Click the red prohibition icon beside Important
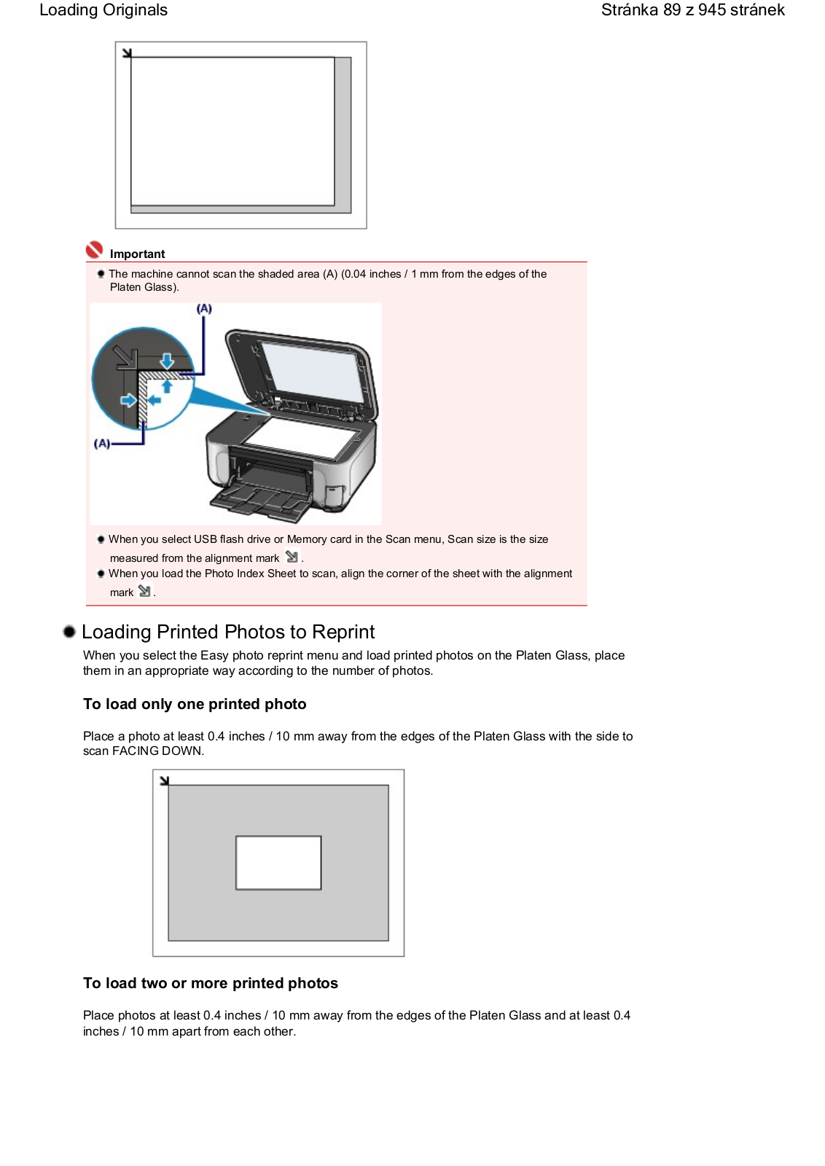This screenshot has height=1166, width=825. [x=94, y=250]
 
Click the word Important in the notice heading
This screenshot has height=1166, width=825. [x=137, y=254]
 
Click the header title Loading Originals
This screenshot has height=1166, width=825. [x=103, y=10]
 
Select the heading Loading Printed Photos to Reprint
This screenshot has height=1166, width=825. [x=228, y=632]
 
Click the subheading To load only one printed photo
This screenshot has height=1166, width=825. [x=195, y=704]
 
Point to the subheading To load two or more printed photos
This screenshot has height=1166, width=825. [x=211, y=983]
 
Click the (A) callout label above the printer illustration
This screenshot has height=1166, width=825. [x=204, y=309]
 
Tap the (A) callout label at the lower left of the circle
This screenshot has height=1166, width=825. [x=102, y=444]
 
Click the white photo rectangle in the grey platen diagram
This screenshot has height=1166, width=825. [x=278, y=863]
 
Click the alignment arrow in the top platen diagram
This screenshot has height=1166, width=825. [x=127, y=53]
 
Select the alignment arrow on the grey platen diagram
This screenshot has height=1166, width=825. [x=165, y=780]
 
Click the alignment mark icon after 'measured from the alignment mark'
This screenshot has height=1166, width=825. [x=292, y=557]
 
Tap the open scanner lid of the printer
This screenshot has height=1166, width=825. [x=302, y=374]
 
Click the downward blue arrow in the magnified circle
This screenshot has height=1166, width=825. [x=167, y=360]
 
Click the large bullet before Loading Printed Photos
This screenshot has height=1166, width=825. [x=69, y=632]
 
